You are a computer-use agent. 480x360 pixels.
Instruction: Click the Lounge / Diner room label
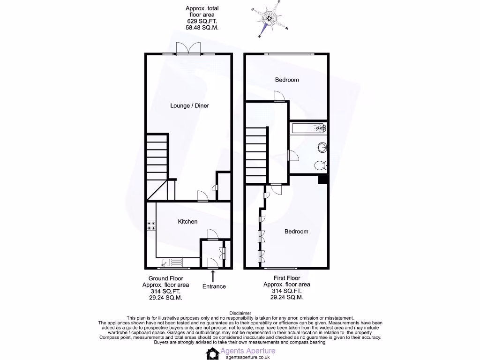189,106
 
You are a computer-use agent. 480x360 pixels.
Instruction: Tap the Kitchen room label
187,222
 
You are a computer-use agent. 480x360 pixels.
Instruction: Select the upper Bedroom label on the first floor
286,80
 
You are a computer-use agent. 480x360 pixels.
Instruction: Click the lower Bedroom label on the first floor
296,232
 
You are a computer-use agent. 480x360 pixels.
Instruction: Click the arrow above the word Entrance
214,276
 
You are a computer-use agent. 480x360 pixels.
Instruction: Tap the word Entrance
214,287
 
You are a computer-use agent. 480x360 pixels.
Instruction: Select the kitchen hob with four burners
151,225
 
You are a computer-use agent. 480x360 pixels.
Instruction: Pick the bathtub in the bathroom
308,128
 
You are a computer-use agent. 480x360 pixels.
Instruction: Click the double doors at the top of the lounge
189,49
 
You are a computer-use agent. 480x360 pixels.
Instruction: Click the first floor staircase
256,155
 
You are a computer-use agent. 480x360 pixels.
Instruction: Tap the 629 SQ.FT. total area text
202,22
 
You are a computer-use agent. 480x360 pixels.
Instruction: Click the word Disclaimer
240,313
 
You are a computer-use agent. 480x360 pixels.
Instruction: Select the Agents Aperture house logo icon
213,353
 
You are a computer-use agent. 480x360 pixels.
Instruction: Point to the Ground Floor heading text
165,278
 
